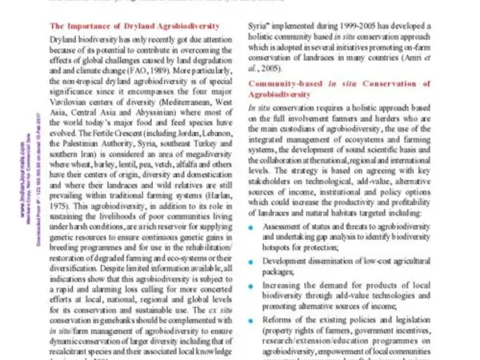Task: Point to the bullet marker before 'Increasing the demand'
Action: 254,284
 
